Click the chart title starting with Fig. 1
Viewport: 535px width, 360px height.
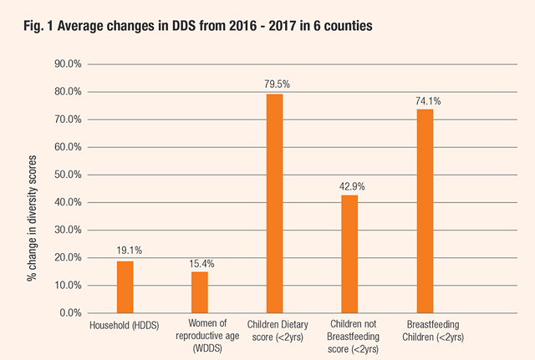tap(198, 26)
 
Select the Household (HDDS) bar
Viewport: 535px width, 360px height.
tap(125, 287)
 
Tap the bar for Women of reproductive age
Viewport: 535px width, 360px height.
tap(200, 292)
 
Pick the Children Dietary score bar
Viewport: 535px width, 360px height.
tap(275, 204)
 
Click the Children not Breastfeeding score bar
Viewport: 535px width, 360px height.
tap(349, 254)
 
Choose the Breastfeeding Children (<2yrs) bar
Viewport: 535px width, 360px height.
tap(425, 211)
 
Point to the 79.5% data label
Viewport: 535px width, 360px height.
tap(277, 84)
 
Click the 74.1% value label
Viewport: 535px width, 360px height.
tap(428, 101)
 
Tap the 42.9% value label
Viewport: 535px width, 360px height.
tap(352, 186)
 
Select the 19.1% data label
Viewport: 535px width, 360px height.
tap(130, 251)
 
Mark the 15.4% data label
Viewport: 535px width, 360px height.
tap(202, 264)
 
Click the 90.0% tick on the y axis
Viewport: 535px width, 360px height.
tap(68, 63)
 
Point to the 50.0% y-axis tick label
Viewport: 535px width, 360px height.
tap(68, 175)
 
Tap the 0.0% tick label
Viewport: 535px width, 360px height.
tap(70, 313)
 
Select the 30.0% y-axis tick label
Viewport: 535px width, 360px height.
tap(68, 230)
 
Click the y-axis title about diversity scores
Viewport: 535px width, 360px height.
tap(32, 218)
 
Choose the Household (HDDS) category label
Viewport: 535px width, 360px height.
tap(125, 325)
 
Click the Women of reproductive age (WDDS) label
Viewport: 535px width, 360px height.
tap(207, 336)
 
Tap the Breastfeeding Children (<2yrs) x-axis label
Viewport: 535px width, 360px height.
tap(433, 331)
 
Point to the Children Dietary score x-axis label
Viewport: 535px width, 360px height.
tap(278, 331)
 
